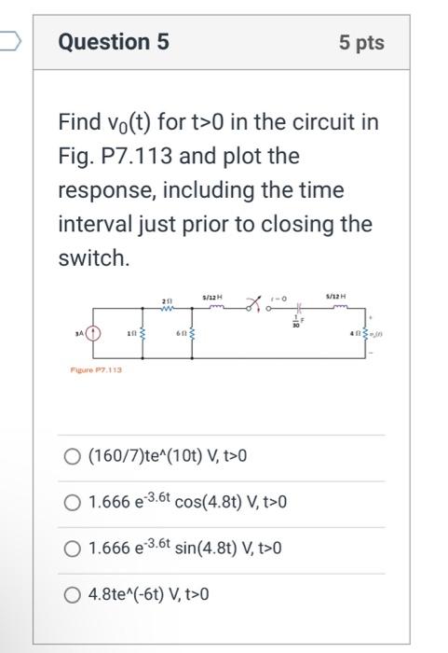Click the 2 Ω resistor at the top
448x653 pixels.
[x=168, y=304]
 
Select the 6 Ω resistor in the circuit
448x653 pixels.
[x=194, y=334]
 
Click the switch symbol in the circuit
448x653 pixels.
[x=254, y=301]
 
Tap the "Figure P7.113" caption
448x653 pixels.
[x=95, y=369]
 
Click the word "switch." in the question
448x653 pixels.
[x=92, y=258]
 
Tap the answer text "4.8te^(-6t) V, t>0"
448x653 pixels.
[x=148, y=594]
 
